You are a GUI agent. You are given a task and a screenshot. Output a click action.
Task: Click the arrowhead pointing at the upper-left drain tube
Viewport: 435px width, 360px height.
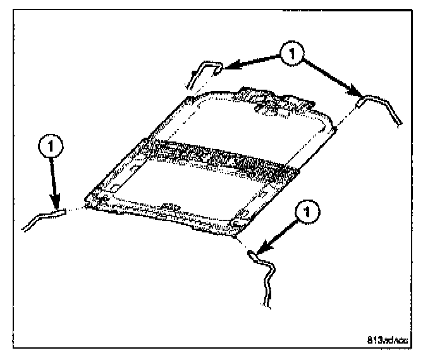tap(229, 65)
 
